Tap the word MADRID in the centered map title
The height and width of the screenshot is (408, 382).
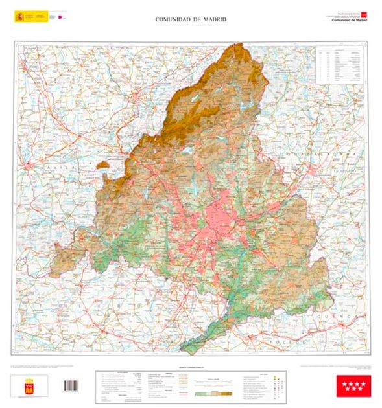tap(213, 19)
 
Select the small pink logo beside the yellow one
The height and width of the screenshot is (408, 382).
tap(62, 16)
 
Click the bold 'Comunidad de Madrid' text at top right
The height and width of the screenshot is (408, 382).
tap(350, 20)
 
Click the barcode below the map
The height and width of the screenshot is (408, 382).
tap(70, 385)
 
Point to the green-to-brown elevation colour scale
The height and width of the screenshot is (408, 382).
tap(213, 393)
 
